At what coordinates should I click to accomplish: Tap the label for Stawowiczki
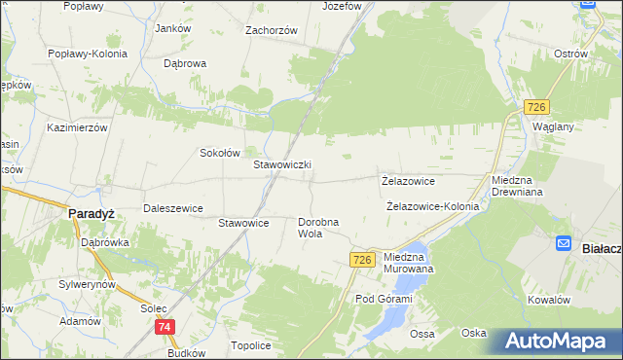(x=282, y=165)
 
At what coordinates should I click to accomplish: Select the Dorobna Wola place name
(x=317, y=228)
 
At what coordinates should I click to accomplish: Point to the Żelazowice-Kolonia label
(x=433, y=206)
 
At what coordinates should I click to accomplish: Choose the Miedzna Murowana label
(x=409, y=262)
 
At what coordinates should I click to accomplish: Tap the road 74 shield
(x=165, y=328)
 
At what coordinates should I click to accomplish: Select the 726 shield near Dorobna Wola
(x=362, y=259)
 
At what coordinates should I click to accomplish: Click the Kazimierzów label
(x=77, y=127)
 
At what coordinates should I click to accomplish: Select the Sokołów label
(x=219, y=153)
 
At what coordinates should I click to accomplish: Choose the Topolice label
(x=250, y=345)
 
